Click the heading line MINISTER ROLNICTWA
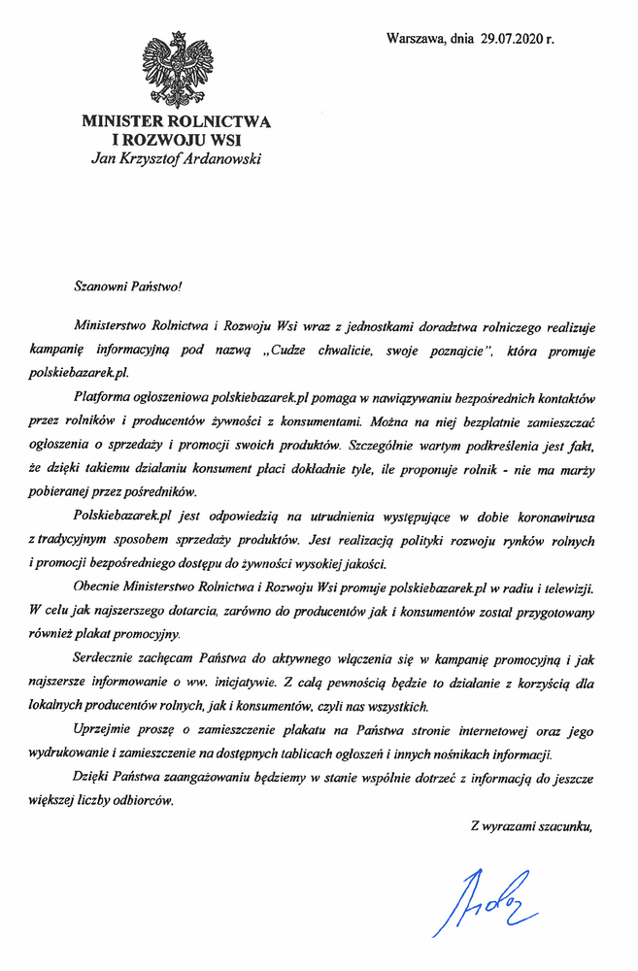coord(176,122)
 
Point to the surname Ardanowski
coord(220,159)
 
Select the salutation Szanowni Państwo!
coord(128,287)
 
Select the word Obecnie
coord(97,587)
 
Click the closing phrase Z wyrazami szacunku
coord(530,827)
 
